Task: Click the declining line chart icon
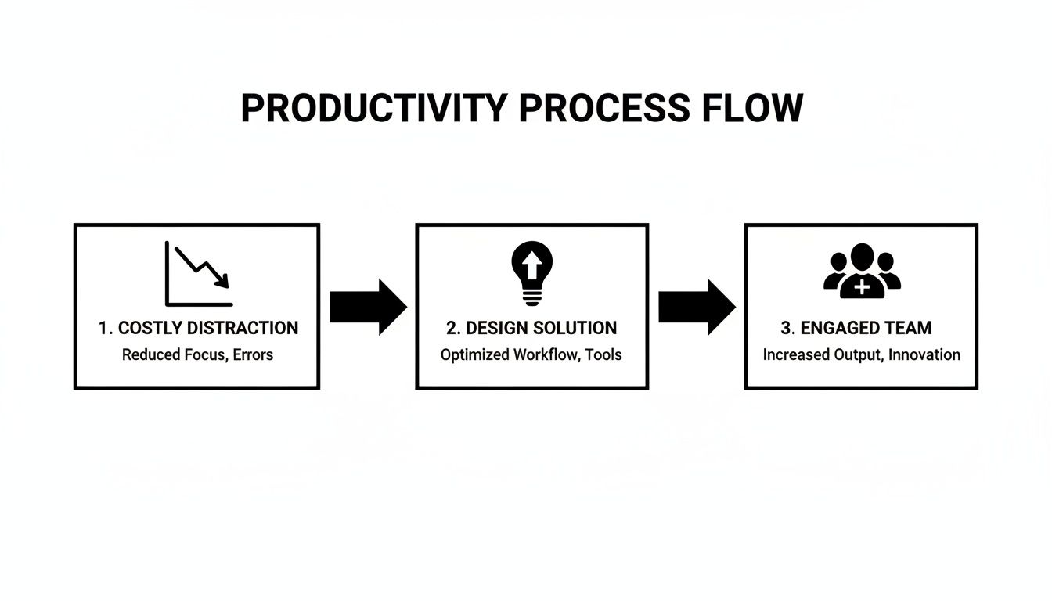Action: (199, 273)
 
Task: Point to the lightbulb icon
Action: (531, 272)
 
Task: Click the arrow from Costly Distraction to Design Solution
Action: (367, 307)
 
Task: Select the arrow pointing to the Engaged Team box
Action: (696, 307)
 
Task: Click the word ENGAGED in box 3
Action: (843, 328)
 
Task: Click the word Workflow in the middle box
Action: (545, 354)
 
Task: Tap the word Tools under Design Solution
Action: (604, 354)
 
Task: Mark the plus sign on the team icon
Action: (861, 288)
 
